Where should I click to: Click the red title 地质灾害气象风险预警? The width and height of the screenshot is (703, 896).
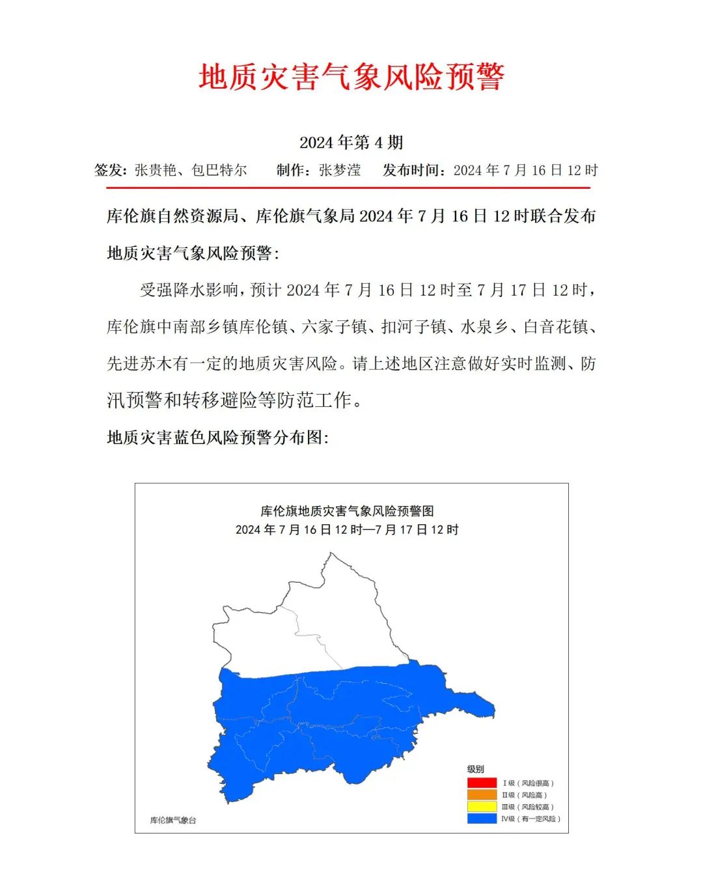[351, 77]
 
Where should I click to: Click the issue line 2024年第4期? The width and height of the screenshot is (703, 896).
[351, 142]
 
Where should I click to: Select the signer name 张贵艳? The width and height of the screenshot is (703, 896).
[155, 171]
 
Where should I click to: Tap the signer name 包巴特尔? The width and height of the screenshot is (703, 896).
[219, 171]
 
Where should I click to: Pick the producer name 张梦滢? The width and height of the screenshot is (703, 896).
[340, 171]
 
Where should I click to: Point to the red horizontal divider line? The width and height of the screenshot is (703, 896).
[348, 188]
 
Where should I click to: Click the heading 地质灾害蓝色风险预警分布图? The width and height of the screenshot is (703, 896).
[217, 438]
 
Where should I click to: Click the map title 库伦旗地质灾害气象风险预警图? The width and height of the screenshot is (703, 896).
[347, 511]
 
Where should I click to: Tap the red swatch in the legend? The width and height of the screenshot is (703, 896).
[482, 783]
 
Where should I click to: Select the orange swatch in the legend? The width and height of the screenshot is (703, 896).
[482, 794]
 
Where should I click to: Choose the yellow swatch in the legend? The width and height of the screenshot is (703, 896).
[482, 807]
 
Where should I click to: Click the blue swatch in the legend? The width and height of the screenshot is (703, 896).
[482, 819]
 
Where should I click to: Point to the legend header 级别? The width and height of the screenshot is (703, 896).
[476, 769]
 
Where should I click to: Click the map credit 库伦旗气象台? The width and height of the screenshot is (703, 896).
[173, 820]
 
